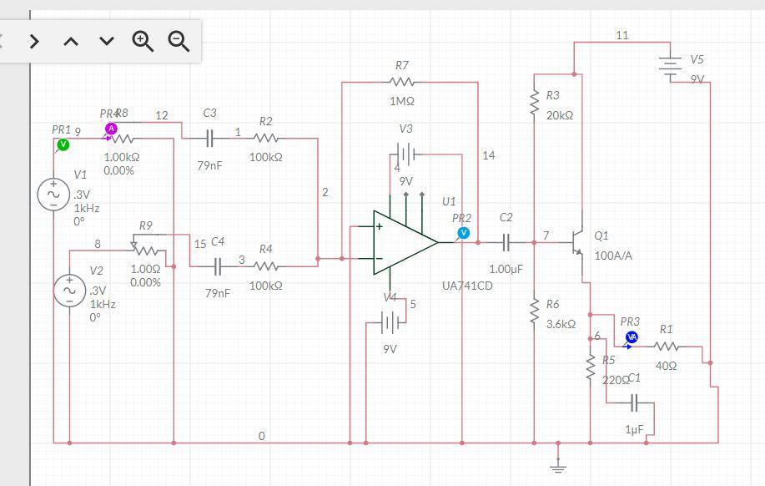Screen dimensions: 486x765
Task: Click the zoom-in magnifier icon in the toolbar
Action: (143, 40)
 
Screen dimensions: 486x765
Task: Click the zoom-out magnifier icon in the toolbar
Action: (179, 40)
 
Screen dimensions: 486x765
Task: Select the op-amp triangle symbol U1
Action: (403, 241)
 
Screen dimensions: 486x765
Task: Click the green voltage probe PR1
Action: (62, 145)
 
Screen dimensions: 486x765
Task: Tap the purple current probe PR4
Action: (110, 129)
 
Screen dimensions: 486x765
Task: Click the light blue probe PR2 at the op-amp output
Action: (463, 232)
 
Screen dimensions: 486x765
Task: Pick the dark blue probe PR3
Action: (632, 337)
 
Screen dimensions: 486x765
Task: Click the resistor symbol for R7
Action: (402, 82)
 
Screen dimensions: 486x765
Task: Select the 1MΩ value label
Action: (402, 101)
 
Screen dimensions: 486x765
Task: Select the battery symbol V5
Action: (670, 67)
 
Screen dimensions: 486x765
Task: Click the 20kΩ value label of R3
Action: (560, 114)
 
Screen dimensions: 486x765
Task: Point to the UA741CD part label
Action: (467, 286)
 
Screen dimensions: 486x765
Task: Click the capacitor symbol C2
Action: (506, 242)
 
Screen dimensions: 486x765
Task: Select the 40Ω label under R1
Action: (666, 366)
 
